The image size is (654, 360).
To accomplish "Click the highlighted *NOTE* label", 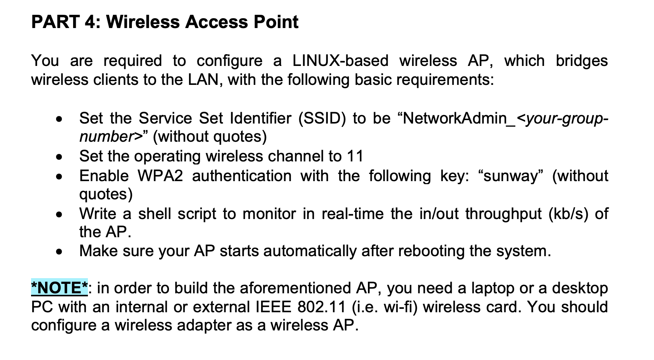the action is click(59, 288).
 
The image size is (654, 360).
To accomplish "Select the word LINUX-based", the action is click(340, 61).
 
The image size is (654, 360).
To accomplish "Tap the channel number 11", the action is click(355, 156).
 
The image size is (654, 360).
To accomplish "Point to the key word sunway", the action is click(511, 176).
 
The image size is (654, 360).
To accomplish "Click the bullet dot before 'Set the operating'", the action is click(59, 157).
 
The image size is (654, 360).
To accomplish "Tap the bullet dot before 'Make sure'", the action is click(59, 252).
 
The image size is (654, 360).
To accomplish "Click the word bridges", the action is click(582, 61).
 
